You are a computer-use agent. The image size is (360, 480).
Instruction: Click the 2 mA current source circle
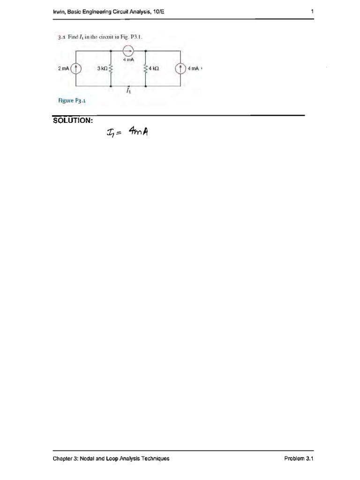point(76,68)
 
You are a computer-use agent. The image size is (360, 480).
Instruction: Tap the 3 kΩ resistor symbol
point(111,68)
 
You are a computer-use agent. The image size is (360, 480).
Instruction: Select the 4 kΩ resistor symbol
point(146,68)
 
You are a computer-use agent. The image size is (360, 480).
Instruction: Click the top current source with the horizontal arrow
point(128,51)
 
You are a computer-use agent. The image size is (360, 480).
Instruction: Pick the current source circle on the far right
point(181,68)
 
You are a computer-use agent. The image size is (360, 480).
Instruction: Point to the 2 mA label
point(64,68)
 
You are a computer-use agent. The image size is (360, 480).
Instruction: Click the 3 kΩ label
point(102,68)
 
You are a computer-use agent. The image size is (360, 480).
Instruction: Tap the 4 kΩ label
point(154,68)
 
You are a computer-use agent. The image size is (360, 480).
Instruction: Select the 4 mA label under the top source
point(128,60)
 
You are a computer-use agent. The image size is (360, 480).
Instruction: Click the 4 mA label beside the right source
point(193,68)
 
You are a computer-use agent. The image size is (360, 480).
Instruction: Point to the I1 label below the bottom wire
point(128,91)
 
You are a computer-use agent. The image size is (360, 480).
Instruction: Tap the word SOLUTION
point(73,120)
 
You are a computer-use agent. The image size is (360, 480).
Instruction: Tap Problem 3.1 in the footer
point(298,458)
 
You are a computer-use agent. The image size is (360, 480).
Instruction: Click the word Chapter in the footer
point(63,458)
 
